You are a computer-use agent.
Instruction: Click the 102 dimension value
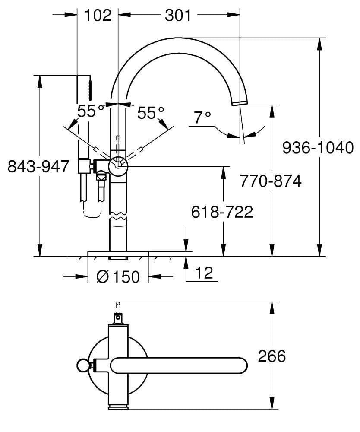click(x=98, y=15)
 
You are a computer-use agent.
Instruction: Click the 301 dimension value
click(x=178, y=15)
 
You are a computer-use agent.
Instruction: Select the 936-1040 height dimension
click(x=318, y=148)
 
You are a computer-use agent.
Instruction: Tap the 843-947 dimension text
click(x=39, y=166)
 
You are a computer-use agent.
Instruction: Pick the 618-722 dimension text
click(x=222, y=212)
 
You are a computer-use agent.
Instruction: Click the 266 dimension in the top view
click(x=272, y=356)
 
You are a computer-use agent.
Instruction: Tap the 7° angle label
click(x=202, y=117)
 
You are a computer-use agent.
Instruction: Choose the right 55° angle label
click(x=151, y=113)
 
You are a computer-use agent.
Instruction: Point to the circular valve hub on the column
click(x=118, y=166)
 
